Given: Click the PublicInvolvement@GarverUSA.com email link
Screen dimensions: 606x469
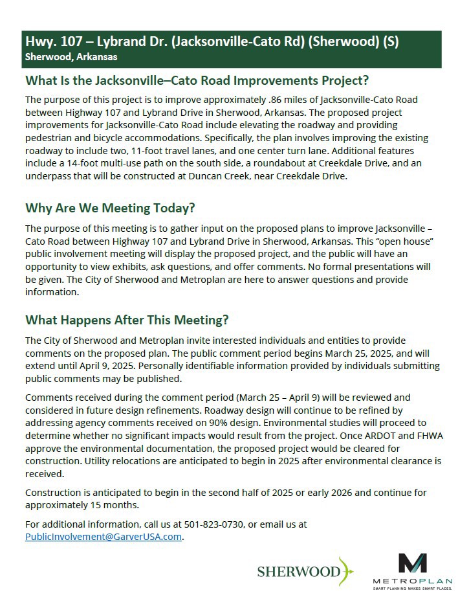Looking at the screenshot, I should tap(104, 537).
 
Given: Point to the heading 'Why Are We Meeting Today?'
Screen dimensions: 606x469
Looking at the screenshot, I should tap(110, 208).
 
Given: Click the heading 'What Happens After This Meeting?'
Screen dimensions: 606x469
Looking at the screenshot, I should tap(127, 320).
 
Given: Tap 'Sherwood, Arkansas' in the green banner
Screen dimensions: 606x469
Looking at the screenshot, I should tap(71, 57).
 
